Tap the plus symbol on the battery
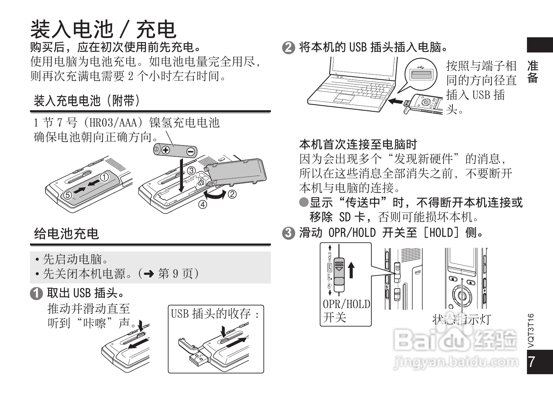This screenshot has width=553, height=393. pyautogui.click(x=165, y=150)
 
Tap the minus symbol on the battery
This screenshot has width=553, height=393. pyautogui.click(x=190, y=152)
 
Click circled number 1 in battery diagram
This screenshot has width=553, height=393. pyautogui.click(x=104, y=177)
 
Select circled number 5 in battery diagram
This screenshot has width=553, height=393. pyautogui.click(x=68, y=195)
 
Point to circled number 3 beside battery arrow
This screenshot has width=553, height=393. pyautogui.click(x=191, y=171)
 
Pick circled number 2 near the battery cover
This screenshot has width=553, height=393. pyautogui.click(x=232, y=194)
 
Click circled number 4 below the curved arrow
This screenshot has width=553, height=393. pyautogui.click(x=202, y=205)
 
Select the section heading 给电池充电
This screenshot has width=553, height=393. pyautogui.click(x=66, y=234)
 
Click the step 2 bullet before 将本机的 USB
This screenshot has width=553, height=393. pyautogui.click(x=288, y=48)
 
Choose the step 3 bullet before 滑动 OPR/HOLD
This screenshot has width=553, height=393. pyautogui.click(x=288, y=233)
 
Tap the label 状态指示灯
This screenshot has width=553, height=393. pyautogui.click(x=461, y=319)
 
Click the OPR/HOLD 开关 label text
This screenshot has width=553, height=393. pyautogui.click(x=346, y=311)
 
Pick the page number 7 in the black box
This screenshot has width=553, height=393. pyautogui.click(x=532, y=362)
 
